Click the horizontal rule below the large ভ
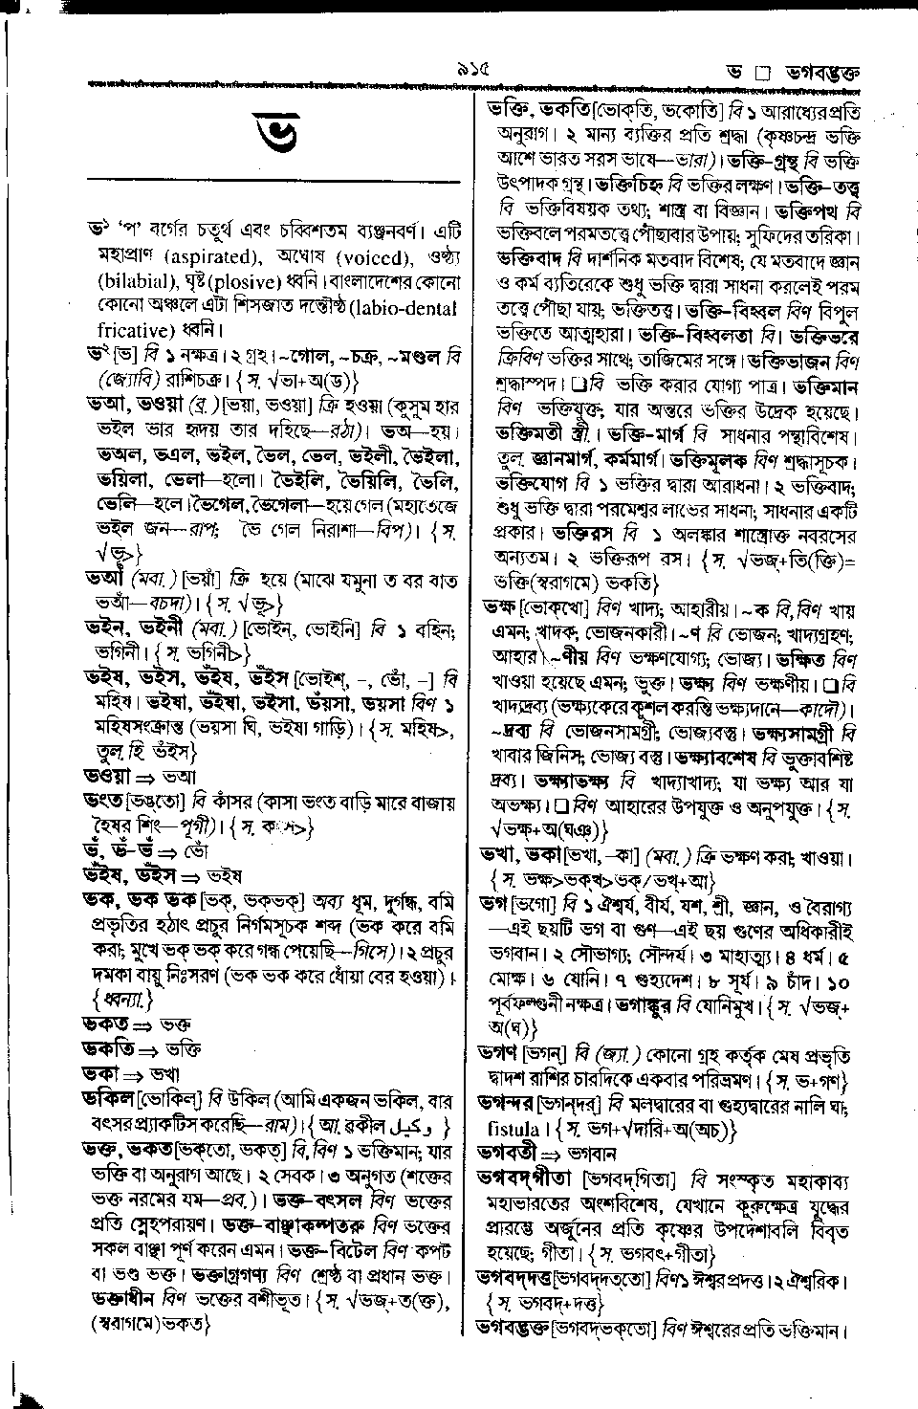click(273, 181)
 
